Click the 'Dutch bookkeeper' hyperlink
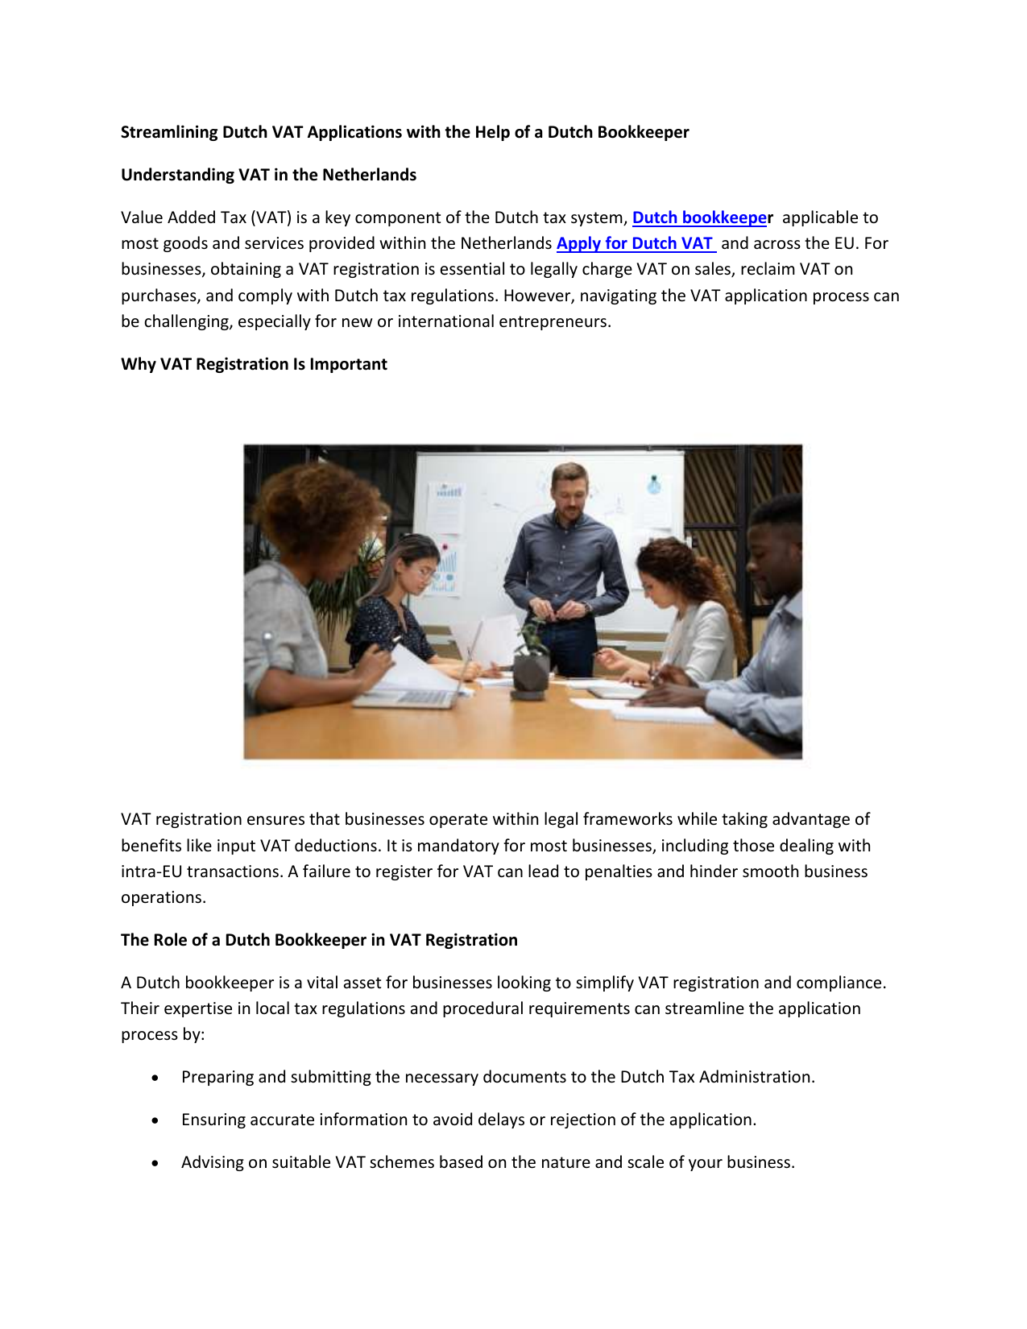(x=699, y=217)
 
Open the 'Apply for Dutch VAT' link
(x=635, y=243)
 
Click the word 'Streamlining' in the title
(x=169, y=132)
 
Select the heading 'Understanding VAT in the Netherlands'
(x=268, y=175)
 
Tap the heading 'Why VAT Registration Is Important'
(x=254, y=364)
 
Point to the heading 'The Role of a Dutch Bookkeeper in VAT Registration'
(x=319, y=940)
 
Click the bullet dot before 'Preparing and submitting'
(x=155, y=1078)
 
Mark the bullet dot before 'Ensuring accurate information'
(x=155, y=1120)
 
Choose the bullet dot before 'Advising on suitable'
(x=155, y=1163)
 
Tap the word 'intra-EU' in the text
(x=151, y=872)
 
